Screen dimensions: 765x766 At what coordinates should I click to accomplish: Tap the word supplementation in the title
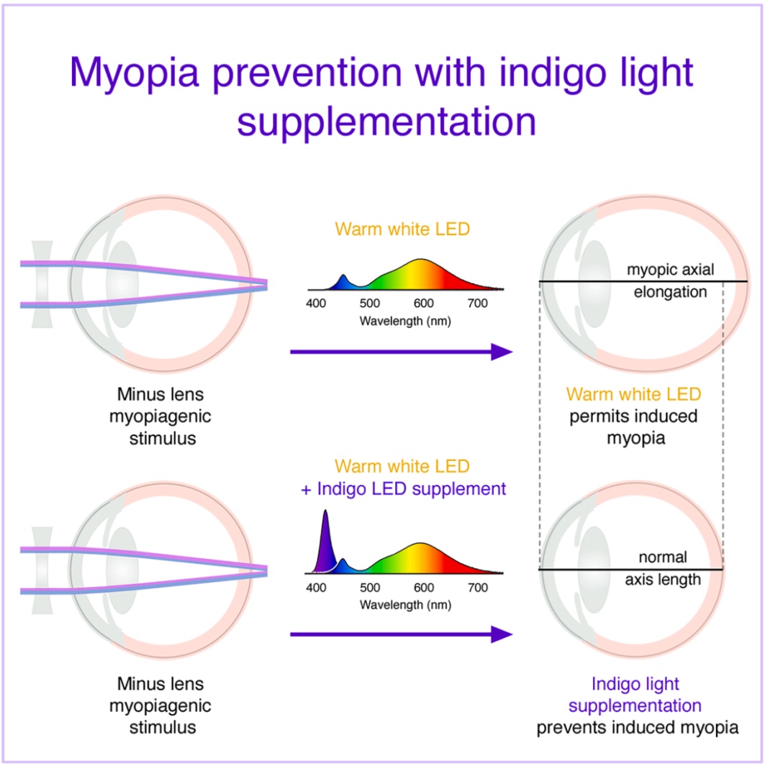(386, 122)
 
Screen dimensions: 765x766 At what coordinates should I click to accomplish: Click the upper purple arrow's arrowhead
(502, 352)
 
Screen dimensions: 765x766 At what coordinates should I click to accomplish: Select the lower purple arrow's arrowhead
(502, 634)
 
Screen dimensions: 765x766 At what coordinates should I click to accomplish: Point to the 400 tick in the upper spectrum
(316, 304)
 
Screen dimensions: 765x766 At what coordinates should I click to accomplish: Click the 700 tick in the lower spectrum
(478, 587)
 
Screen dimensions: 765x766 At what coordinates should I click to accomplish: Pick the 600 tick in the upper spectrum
(423, 304)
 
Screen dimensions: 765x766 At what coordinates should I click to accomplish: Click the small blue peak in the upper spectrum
(344, 282)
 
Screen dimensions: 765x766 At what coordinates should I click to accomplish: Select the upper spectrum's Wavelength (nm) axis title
(405, 322)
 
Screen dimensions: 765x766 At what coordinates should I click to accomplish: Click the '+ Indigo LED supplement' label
(403, 489)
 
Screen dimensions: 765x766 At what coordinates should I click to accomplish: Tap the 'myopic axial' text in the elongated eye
(670, 270)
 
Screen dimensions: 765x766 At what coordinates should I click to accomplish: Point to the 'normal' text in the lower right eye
(662, 557)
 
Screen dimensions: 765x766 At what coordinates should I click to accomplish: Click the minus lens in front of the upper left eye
(42, 284)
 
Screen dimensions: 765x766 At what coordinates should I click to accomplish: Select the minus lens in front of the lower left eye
(42, 570)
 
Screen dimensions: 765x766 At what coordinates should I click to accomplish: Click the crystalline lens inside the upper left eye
(122, 284)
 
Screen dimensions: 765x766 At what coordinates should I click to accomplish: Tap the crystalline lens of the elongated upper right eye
(594, 284)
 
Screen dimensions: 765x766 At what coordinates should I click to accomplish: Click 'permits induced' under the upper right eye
(633, 416)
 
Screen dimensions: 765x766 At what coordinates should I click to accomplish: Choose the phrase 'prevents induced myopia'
(638, 727)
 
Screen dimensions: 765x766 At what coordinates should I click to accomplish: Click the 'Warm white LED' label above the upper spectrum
(402, 229)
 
